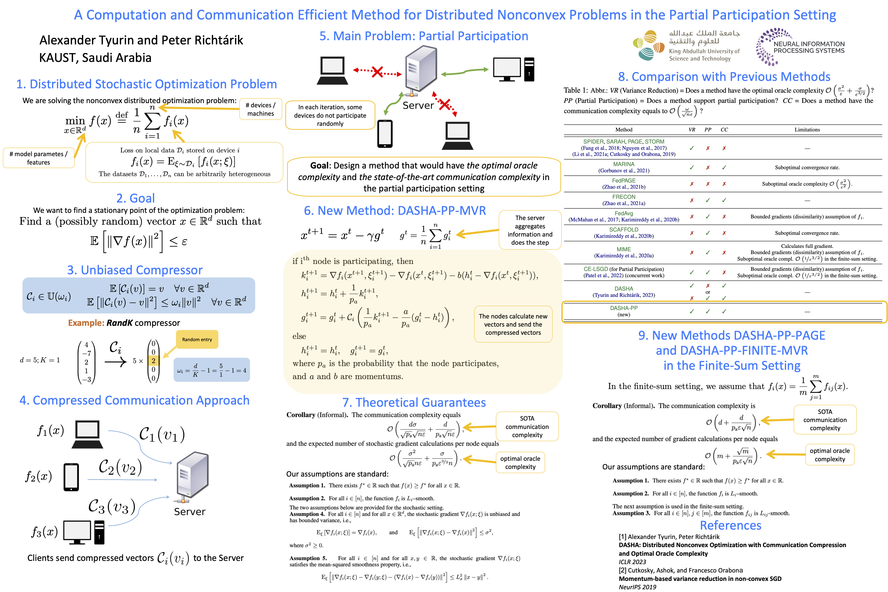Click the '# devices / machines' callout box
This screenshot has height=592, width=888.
260,109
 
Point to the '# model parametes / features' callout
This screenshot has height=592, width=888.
38,158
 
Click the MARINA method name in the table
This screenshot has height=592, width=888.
624,164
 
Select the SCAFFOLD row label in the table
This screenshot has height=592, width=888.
624,230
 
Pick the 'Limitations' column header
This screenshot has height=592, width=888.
807,129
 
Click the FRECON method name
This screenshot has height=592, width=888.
624,197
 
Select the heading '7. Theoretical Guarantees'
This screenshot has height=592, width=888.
414,403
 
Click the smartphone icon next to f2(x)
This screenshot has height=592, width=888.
71,477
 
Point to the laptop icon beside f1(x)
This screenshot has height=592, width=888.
87,434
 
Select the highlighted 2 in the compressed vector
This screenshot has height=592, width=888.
153,361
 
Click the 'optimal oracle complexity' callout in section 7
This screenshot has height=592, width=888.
520,462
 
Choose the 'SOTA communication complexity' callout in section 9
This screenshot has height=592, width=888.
825,420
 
